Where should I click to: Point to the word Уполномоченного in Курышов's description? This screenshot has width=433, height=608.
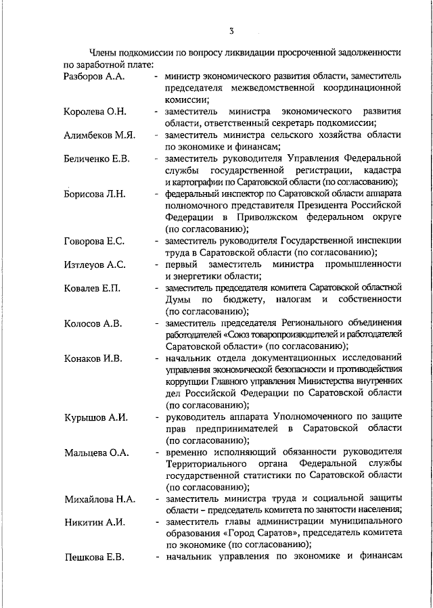point(320,417)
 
